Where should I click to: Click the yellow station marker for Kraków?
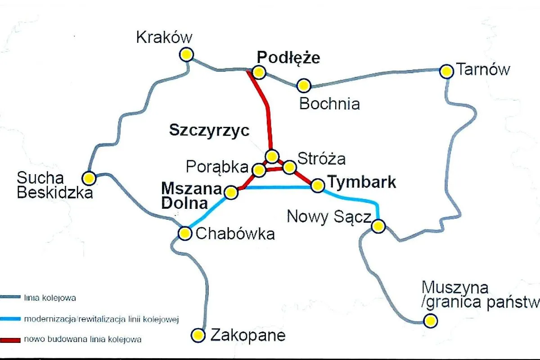point(186,55)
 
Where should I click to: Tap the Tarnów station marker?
point(446,71)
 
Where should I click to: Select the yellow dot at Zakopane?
point(197,335)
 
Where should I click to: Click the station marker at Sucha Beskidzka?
point(89,178)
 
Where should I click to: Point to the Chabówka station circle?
point(185,233)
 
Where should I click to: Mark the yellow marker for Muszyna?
point(430,320)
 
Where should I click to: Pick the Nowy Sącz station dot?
point(378,226)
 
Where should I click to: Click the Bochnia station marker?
point(304,85)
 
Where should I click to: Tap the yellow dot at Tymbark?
point(318,185)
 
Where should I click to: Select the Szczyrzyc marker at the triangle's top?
point(272,156)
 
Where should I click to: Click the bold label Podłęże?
point(288,58)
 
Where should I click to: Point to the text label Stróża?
point(322,158)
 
